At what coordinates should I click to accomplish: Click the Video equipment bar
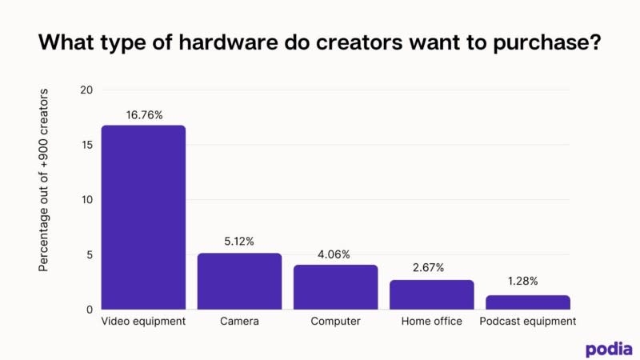pos(143,217)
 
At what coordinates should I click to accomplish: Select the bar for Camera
pos(239,281)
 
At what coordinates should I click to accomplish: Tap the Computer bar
pos(335,286)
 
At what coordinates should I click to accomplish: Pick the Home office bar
pos(431,294)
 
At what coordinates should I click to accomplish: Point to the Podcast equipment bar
pos(527,302)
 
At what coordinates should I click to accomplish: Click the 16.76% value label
pos(144,115)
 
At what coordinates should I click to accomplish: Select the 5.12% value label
pos(239,242)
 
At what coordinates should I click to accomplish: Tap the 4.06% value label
pos(335,254)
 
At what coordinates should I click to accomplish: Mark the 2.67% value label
pos(431,268)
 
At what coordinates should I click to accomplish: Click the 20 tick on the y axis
pos(86,90)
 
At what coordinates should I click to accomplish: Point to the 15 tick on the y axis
pos(87,145)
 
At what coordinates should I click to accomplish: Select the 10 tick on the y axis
pos(87,200)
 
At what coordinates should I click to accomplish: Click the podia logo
pos(608,349)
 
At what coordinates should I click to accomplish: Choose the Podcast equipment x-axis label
pos(527,322)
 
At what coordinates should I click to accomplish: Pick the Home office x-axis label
pos(431,322)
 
